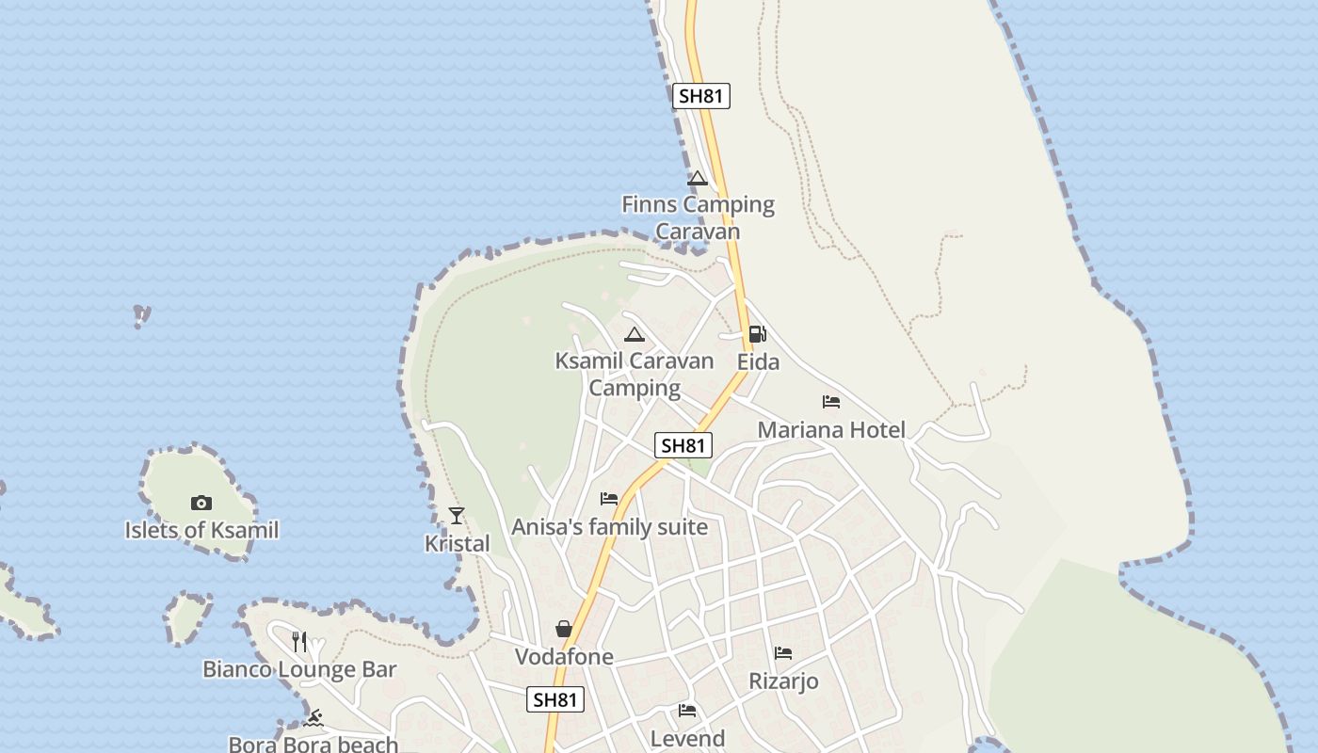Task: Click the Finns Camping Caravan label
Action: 698,217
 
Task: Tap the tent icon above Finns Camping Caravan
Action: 697,179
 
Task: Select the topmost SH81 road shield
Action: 702,95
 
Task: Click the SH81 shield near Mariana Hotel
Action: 683,445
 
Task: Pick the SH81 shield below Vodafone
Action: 555,699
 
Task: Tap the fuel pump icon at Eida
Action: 757,334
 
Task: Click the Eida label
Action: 758,362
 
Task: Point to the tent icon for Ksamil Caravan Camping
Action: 635,334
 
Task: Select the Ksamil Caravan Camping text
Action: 635,374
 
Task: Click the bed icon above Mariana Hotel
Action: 831,402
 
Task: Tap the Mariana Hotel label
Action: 831,430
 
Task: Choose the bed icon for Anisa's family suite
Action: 609,499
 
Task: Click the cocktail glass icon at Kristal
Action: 457,516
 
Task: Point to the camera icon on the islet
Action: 201,503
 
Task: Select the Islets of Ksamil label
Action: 201,530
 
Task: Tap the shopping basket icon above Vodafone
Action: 564,629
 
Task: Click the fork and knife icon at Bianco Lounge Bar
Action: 299,642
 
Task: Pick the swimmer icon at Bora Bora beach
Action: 313,719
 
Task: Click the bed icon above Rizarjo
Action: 783,653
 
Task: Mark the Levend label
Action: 688,739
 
